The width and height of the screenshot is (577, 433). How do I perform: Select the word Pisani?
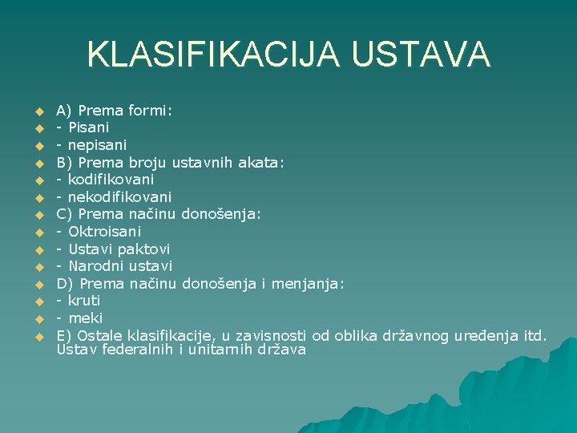(x=88, y=127)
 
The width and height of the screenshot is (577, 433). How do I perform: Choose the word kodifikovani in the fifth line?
(x=111, y=180)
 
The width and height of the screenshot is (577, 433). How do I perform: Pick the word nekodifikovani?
(x=119, y=197)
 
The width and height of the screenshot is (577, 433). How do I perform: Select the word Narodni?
(x=93, y=266)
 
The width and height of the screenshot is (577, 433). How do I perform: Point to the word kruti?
(x=84, y=301)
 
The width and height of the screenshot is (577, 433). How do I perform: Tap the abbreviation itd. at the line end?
(x=533, y=335)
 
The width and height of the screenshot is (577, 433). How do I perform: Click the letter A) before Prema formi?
(x=63, y=111)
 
